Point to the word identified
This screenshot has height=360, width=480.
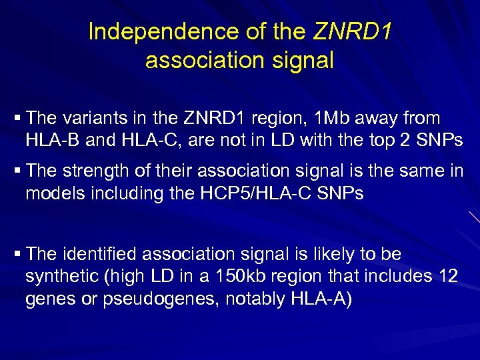click(102, 254)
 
